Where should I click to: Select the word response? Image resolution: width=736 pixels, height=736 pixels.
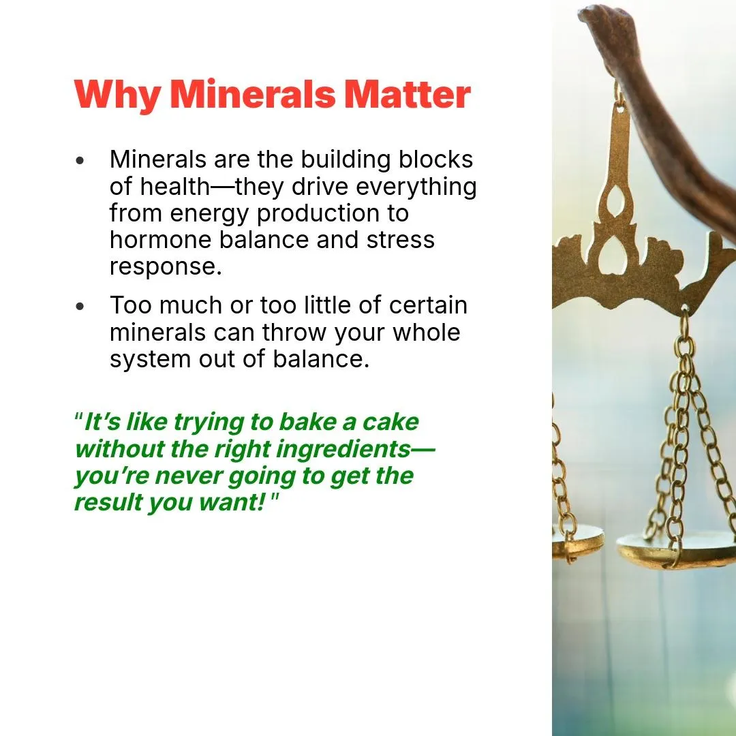pyautogui.click(x=166, y=268)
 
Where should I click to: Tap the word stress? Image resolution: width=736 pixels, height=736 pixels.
pyautogui.click(x=401, y=240)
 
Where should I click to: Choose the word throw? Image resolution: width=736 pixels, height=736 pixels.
pyautogui.click(x=294, y=332)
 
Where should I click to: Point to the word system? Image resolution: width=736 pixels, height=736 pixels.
pyautogui.click(x=150, y=360)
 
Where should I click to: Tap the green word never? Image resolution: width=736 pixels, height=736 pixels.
pyautogui.click(x=190, y=476)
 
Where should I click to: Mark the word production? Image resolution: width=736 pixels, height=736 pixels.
pyautogui.click(x=318, y=214)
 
